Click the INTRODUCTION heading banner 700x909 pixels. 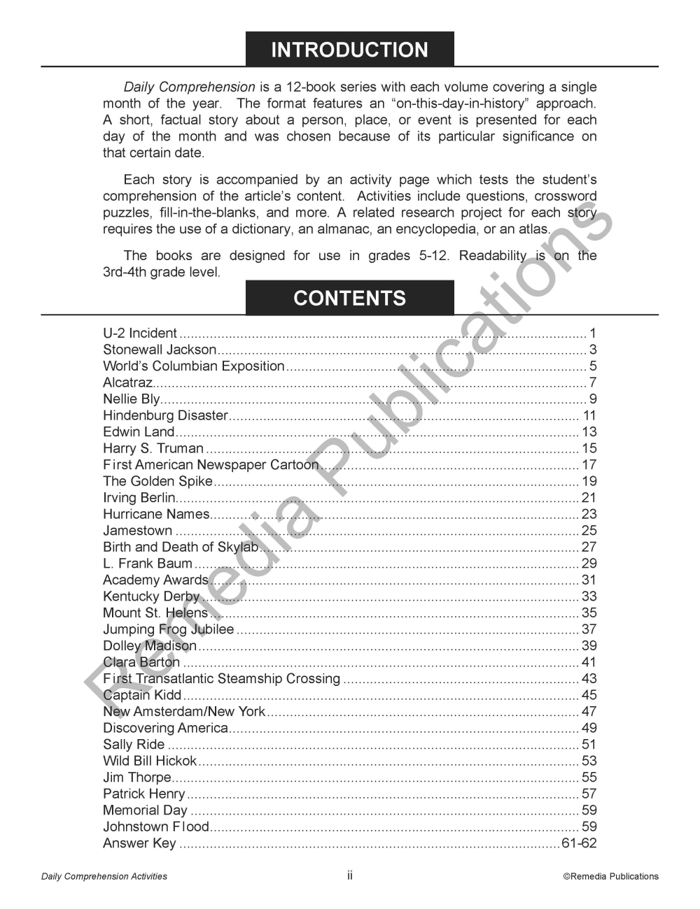(349, 50)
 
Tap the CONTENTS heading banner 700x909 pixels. (349, 298)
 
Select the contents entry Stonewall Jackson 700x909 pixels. (160, 350)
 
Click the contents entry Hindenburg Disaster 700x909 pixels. (165, 415)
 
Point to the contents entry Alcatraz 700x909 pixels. (127, 382)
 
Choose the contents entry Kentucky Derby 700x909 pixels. (151, 596)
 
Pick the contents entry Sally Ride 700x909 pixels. (134, 745)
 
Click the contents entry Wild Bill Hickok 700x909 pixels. (150, 761)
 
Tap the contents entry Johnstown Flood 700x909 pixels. (156, 826)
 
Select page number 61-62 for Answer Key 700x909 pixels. (579, 843)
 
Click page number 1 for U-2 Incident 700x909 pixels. (593, 334)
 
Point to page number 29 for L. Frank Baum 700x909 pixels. (589, 564)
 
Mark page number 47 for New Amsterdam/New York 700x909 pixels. (589, 712)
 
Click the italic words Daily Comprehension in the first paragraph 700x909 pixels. (189, 87)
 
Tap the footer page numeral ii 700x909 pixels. (350, 875)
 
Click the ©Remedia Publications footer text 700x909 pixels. (611, 876)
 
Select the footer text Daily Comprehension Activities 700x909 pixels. (104, 876)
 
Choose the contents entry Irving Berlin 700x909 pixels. (139, 498)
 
